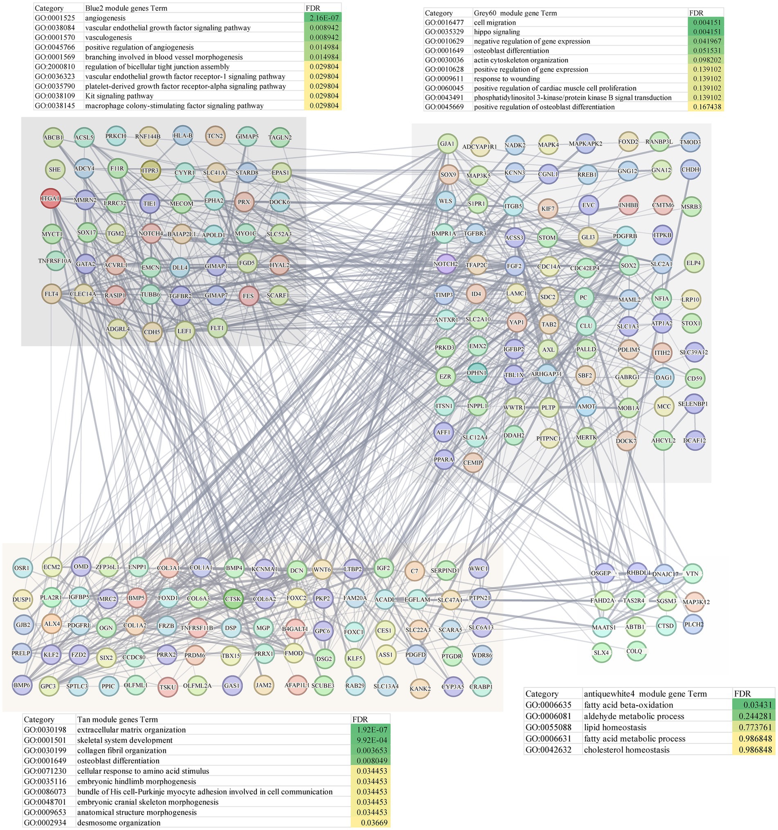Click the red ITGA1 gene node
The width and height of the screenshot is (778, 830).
click(50, 198)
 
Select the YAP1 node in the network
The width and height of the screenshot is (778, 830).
click(516, 322)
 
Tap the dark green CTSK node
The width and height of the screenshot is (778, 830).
click(233, 599)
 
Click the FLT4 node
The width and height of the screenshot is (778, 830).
click(52, 294)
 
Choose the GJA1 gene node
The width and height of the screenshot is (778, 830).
click(447, 144)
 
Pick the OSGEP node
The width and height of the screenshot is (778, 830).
click(601, 573)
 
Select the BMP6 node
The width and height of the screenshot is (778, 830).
click(22, 685)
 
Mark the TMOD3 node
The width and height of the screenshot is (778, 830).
click(690, 142)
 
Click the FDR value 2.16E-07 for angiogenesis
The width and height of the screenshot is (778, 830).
click(323, 18)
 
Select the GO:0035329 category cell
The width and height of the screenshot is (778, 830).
click(443, 32)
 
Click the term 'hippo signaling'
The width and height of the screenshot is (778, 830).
click(497, 32)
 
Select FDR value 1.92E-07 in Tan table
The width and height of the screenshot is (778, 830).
click(371, 730)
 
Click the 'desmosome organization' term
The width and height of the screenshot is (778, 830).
click(119, 823)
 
